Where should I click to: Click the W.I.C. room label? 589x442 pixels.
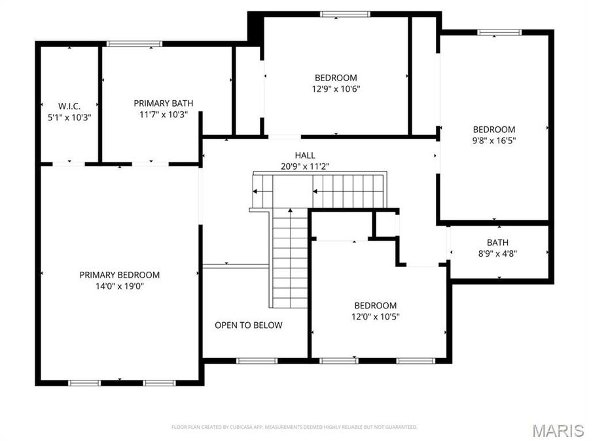69,106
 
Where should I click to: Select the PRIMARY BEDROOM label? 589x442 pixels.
120,275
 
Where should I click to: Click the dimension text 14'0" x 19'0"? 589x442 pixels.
120,285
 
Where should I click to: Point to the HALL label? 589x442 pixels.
305,155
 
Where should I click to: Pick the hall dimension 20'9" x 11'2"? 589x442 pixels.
305,166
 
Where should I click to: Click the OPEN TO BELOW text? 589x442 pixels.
249,325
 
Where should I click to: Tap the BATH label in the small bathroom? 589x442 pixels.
498,242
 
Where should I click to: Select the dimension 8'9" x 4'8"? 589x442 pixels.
498,253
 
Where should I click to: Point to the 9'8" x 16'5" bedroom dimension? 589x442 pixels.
494,140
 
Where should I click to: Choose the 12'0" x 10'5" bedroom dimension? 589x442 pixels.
375,316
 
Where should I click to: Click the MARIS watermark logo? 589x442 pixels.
558,430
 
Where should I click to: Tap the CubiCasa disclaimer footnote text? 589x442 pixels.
294,427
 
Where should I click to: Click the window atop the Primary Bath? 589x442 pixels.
134,44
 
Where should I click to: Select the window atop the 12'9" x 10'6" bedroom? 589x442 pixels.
344,13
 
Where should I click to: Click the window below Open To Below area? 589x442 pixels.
257,360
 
